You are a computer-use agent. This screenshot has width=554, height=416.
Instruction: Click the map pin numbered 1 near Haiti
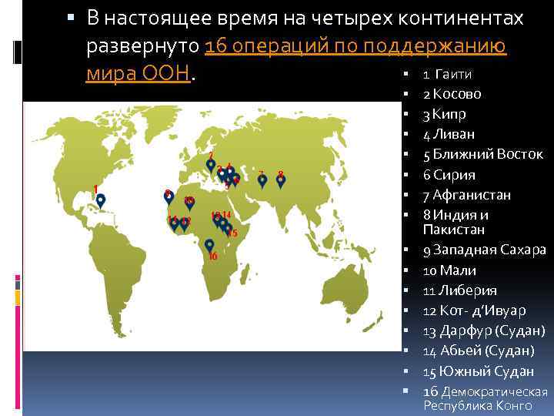[100, 200]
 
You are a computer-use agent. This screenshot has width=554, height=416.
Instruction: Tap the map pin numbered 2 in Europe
[211, 165]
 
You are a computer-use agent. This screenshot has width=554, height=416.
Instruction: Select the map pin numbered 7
[262, 180]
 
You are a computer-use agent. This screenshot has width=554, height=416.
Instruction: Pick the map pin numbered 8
[281, 180]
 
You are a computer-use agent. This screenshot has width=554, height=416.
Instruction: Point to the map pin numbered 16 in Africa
[209, 245]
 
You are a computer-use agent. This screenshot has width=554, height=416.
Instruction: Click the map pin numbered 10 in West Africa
[190, 203]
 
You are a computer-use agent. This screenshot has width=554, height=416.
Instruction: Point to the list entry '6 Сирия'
[449, 174]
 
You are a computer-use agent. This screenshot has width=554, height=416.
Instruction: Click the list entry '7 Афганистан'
[466, 194]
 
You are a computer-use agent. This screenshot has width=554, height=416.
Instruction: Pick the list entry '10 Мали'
[449, 270]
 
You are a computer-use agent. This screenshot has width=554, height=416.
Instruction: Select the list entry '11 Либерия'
[459, 290]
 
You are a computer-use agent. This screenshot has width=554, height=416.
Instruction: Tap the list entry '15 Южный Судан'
[478, 371]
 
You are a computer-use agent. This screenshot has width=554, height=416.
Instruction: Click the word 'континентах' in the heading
[471, 18]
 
